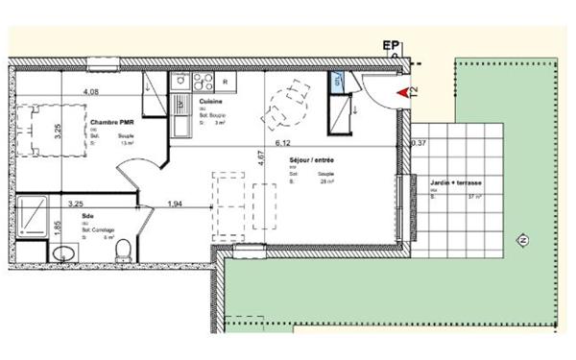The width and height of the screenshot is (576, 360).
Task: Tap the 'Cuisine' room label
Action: point(211,101)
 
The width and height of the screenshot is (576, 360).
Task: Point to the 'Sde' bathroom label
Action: point(87,217)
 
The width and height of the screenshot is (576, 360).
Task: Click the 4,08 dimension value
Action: point(92,92)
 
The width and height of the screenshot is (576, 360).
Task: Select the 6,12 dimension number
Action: point(283,143)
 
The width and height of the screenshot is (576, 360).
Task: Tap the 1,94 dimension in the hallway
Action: point(175,204)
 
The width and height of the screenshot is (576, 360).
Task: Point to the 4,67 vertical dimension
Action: point(260,159)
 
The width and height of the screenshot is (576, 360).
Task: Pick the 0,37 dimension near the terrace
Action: point(418,143)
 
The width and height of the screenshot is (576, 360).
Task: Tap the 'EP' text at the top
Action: point(391,45)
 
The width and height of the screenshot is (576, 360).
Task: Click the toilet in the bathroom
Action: point(122,251)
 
